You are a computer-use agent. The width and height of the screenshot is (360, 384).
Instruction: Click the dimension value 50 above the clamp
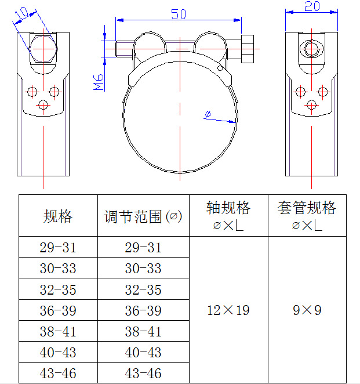(179, 14)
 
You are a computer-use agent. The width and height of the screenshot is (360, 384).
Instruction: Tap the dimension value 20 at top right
(312, 6)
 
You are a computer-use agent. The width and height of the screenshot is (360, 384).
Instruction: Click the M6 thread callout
(98, 82)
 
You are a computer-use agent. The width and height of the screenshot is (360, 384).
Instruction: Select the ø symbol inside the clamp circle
(208, 115)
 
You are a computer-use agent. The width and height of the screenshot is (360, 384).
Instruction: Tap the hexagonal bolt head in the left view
(43, 49)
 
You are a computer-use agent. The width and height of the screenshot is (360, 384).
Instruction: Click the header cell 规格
(58, 216)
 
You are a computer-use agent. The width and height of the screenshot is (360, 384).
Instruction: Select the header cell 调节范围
(143, 216)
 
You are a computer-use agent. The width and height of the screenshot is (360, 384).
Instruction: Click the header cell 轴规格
(228, 208)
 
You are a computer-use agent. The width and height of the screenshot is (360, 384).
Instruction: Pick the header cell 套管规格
(307, 208)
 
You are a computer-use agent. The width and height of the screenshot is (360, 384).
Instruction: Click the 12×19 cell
(228, 310)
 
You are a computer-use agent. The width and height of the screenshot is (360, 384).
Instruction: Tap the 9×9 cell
(307, 310)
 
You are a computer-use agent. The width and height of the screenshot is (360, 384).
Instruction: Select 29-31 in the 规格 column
(58, 248)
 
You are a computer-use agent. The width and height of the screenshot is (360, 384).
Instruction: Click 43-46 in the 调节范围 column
(143, 373)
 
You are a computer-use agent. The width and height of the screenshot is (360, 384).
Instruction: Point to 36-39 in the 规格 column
(58, 310)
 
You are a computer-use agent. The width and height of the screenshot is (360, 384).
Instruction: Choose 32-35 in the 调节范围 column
(143, 289)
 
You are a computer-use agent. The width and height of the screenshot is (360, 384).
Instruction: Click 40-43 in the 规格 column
(58, 352)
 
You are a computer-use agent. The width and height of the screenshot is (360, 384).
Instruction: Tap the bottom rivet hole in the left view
(43, 104)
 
